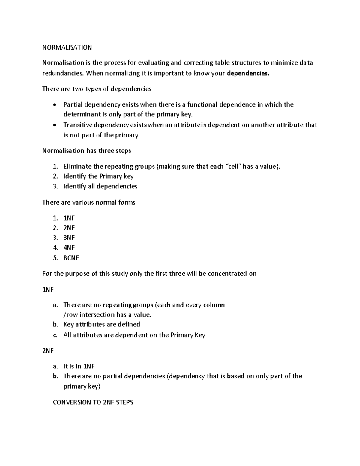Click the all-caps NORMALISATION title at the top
pyautogui.click(x=67, y=47)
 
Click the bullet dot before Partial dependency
pyautogui.click(x=54, y=105)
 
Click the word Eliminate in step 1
pyautogui.click(x=78, y=167)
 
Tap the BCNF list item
pyautogui.click(x=71, y=258)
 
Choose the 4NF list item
pyautogui.click(x=69, y=248)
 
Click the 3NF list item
pyautogui.click(x=69, y=238)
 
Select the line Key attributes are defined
pyautogui.click(x=102, y=325)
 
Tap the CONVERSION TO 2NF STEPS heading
pyautogui.click(x=93, y=402)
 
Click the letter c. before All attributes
pyautogui.click(x=55, y=335)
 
